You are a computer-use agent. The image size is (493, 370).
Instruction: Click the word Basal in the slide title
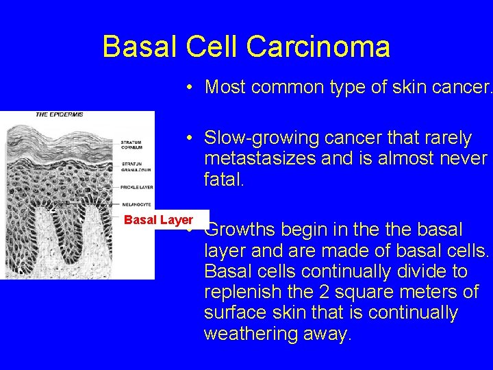point(138,47)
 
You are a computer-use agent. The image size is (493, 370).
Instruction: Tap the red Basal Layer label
point(158,220)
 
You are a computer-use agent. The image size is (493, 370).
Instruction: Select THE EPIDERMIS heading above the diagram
point(59,114)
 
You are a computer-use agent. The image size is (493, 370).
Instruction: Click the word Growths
point(241,229)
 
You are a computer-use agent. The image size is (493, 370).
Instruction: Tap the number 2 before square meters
point(325,292)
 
